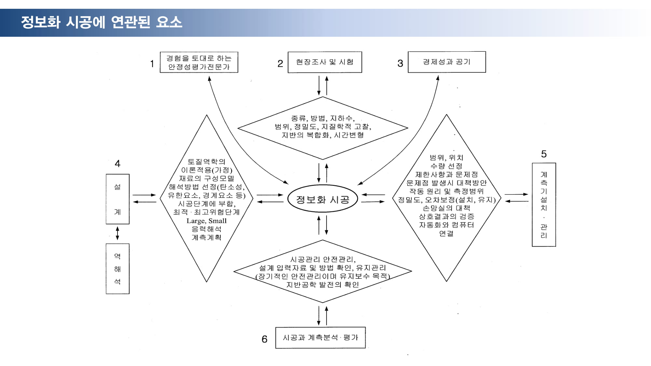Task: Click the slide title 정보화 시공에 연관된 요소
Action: point(102,22)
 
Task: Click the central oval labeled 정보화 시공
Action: point(323,199)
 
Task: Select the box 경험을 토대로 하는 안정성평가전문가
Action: point(199,62)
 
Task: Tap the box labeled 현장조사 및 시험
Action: point(325,62)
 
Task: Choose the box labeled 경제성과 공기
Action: point(447,62)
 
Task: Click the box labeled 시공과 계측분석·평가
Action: point(321,338)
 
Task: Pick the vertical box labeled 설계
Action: point(118,199)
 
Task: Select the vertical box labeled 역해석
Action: point(118,269)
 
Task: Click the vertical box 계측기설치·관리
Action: point(544,205)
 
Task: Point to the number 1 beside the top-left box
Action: point(152,64)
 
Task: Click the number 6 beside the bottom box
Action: point(265,339)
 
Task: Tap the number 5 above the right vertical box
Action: point(544,154)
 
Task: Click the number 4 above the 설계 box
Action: point(118,163)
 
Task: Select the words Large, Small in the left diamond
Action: point(206,221)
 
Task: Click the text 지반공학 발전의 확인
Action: point(323,285)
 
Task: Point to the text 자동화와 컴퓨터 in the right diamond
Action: point(446,225)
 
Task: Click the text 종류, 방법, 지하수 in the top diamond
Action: point(323,118)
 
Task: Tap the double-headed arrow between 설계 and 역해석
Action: point(118,234)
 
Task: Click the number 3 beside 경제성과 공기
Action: point(400,63)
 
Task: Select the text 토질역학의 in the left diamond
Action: point(206,162)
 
